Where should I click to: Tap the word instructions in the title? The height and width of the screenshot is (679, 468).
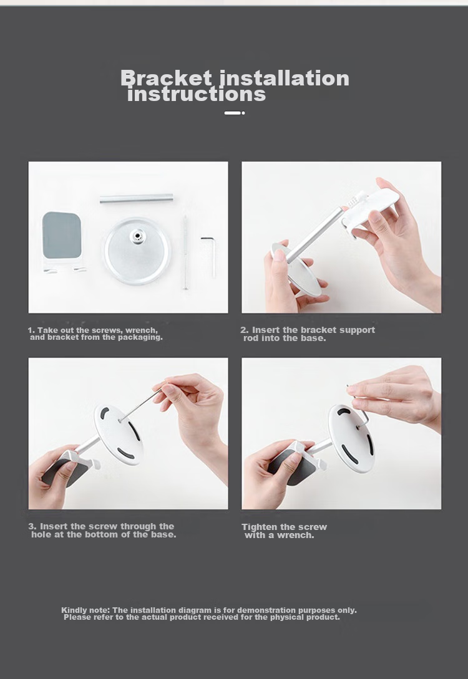[x=197, y=94]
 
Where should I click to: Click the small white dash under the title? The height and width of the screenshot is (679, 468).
[x=235, y=113]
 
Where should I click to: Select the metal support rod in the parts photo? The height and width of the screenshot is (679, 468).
[x=137, y=199]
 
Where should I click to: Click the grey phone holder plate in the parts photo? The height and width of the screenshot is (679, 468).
[x=62, y=234]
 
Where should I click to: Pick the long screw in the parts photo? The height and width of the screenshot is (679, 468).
[x=185, y=252]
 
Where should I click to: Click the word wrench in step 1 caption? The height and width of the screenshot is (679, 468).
[x=141, y=330]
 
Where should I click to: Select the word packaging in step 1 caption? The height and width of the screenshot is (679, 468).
[x=140, y=338]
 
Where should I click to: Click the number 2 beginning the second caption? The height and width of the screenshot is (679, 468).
[x=244, y=330]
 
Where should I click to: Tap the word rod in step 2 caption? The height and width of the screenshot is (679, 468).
[x=251, y=338]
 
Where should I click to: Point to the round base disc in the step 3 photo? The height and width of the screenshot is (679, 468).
[x=118, y=434]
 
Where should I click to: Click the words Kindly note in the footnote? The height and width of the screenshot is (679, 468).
[x=85, y=610]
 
